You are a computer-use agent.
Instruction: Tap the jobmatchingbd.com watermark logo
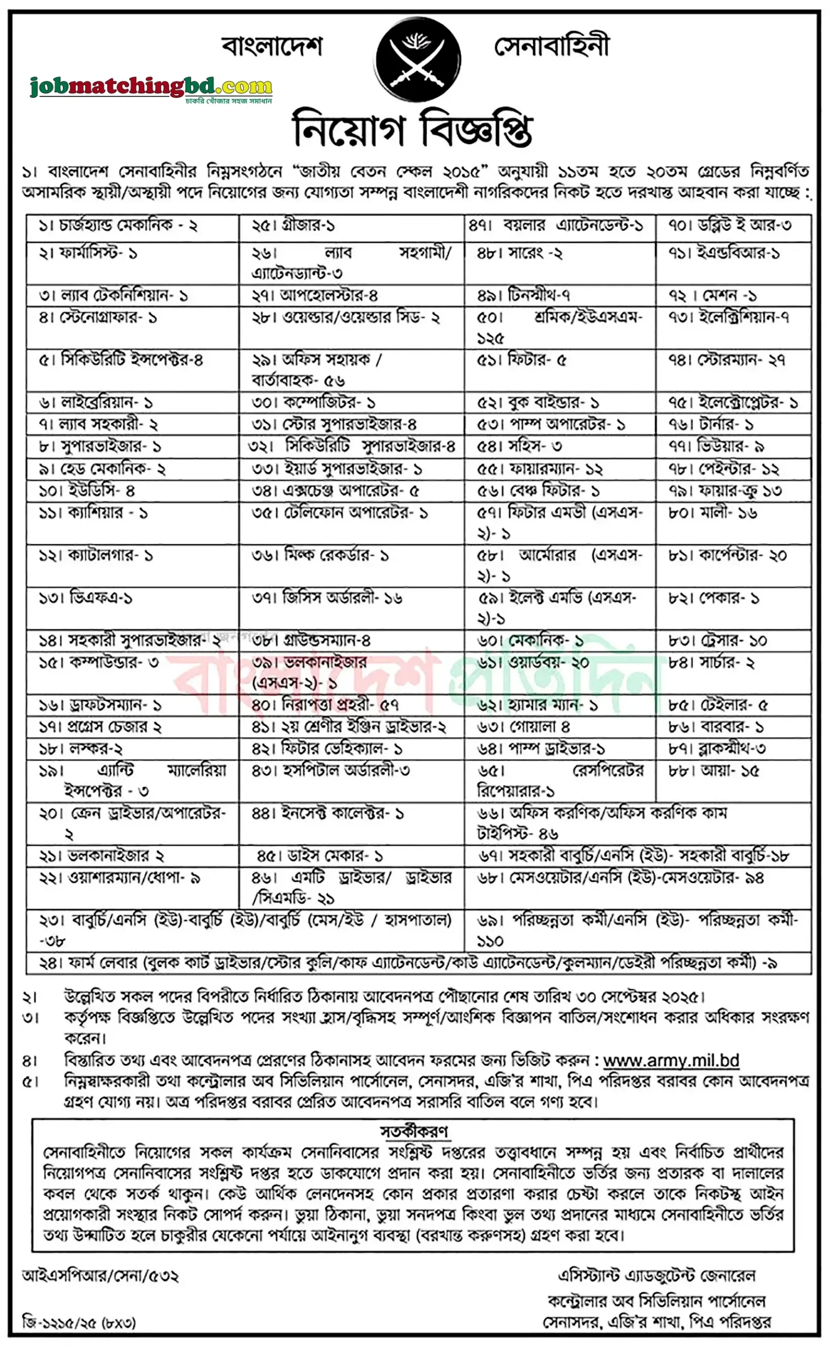(150, 87)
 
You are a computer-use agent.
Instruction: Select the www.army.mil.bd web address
(670, 1060)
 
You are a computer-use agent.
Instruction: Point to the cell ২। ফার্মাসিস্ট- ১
(88, 253)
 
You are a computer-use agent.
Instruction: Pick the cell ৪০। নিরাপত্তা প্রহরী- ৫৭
(325, 705)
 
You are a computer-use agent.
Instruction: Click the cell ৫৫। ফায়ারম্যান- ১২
(540, 469)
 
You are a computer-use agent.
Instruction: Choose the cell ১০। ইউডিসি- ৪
(87, 491)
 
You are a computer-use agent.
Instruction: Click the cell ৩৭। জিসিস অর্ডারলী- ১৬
(327, 598)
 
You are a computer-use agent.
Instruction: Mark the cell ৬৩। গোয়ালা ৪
(523, 727)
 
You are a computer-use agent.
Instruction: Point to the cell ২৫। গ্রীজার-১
(293, 225)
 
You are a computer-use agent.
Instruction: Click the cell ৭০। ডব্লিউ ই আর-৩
(729, 225)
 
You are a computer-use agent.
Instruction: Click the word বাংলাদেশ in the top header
(272, 47)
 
